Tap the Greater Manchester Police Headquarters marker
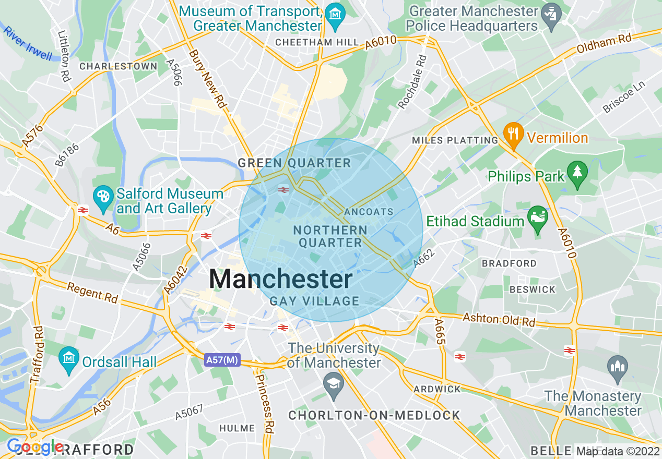click(x=550, y=11)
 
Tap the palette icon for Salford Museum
click(x=103, y=197)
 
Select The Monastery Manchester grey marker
click(x=618, y=365)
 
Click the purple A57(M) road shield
click(x=222, y=360)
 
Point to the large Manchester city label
click(x=281, y=279)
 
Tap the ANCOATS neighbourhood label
click(x=369, y=212)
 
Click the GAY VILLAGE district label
click(x=314, y=301)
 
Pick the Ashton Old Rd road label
click(x=499, y=320)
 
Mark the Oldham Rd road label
click(x=604, y=44)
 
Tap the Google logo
click(x=35, y=446)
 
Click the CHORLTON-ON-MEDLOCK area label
click(x=374, y=415)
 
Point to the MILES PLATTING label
click(x=455, y=140)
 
